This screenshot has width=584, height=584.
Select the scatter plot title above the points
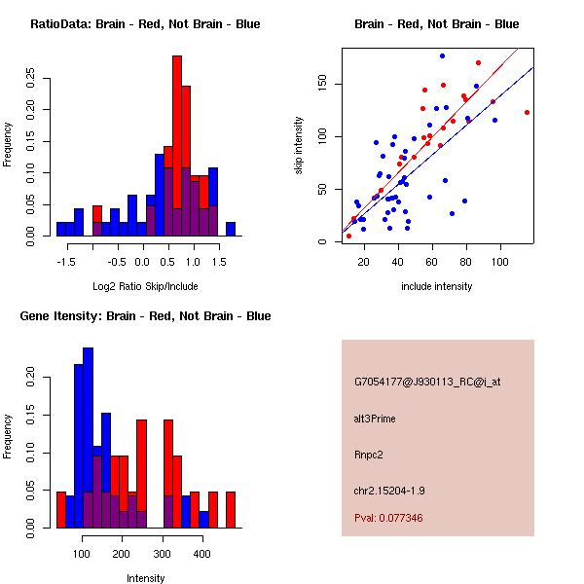pos(436,24)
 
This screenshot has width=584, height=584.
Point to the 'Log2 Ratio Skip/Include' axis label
pos(145,286)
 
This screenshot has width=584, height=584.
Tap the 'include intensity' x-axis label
pos(436,286)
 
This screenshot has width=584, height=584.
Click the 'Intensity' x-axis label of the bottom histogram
pos(145,578)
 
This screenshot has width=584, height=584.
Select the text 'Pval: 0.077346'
pos(388,518)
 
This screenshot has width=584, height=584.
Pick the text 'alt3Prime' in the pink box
pos(375,419)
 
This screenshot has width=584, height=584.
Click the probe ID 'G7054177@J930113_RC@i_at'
pos(427,383)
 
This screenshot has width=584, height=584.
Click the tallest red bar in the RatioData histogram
pos(177,146)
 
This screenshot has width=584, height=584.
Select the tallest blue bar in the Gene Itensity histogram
pos(88,438)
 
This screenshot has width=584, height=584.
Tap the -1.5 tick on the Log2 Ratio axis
pos(66,261)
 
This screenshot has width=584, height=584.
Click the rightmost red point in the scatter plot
pos(527,112)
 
